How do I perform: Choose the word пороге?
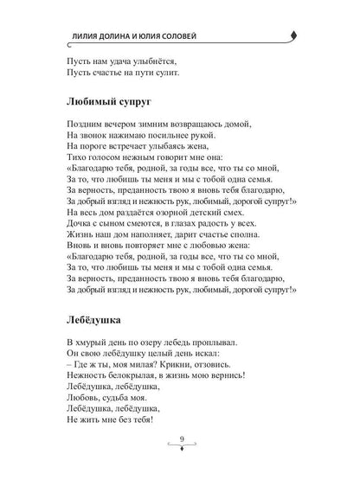click(x=100, y=150)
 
